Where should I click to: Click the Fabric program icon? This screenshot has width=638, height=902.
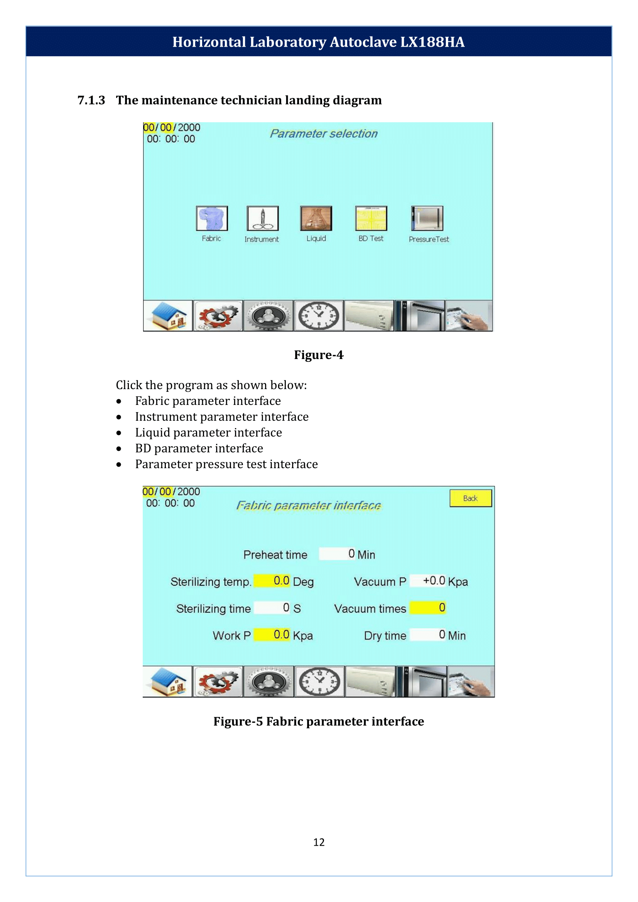coord(212,218)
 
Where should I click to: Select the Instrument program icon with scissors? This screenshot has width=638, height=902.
coord(262,218)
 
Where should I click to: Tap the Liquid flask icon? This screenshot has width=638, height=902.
coord(316,218)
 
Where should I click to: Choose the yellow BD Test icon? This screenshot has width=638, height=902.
coord(371,218)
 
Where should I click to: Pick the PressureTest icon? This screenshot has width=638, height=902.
coord(427,218)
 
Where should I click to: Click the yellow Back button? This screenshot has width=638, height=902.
coord(470,498)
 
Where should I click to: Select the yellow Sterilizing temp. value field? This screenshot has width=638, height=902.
coord(272,581)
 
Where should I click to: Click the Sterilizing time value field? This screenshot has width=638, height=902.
coord(272,608)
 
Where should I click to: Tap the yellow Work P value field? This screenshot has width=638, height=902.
coord(272,634)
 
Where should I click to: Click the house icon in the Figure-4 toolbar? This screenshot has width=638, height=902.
coord(168,316)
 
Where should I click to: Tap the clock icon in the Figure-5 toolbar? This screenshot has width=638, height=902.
coord(319,681)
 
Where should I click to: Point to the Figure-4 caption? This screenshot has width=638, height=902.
coord(319,355)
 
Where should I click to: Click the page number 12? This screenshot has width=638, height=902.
coord(319,842)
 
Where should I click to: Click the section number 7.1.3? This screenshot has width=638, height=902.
coord(91,100)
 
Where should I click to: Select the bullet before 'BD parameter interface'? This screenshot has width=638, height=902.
coord(119,448)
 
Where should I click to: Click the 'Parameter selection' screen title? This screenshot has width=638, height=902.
coord(323,133)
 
